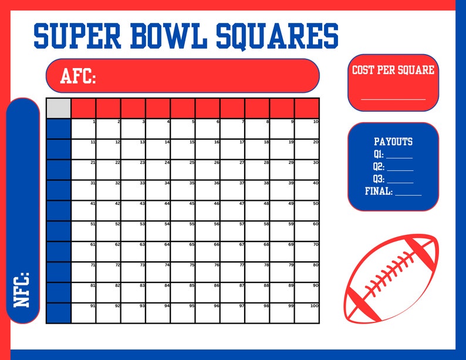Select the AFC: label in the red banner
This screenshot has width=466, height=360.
(77, 76)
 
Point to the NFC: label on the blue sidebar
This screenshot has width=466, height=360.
(22, 289)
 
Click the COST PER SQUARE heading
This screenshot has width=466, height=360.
(393, 70)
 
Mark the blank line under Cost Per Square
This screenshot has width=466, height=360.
(393, 98)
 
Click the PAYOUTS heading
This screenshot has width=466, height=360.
(393, 142)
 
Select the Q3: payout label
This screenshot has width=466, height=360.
(379, 179)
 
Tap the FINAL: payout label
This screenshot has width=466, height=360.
(379, 191)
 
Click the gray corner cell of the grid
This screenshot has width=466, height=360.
(58, 108)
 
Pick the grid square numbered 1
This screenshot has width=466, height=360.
(83, 129)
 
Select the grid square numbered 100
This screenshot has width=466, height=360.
(307, 313)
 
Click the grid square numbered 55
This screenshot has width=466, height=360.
(183, 231)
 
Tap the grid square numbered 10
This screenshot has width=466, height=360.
(307, 129)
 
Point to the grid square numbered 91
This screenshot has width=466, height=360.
(83, 313)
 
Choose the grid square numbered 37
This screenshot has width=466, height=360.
(232, 190)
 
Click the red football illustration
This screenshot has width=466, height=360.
(391, 278)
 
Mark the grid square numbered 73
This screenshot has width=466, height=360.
(133, 272)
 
